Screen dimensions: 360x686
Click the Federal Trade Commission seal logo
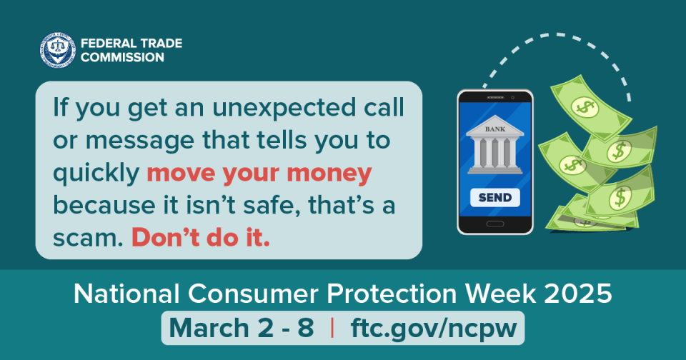(58, 49)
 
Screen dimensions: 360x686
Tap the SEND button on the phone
(495, 197)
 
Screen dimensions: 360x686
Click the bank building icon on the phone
(494, 149)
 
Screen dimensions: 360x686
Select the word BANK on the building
(494, 130)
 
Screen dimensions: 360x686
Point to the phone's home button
(494, 224)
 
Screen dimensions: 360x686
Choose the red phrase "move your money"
(259, 173)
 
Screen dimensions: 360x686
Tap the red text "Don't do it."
(201, 238)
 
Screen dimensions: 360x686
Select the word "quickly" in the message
(96, 174)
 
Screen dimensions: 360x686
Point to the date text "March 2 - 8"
(241, 328)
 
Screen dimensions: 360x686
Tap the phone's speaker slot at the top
(495, 97)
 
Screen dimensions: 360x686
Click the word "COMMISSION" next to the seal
(121, 56)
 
